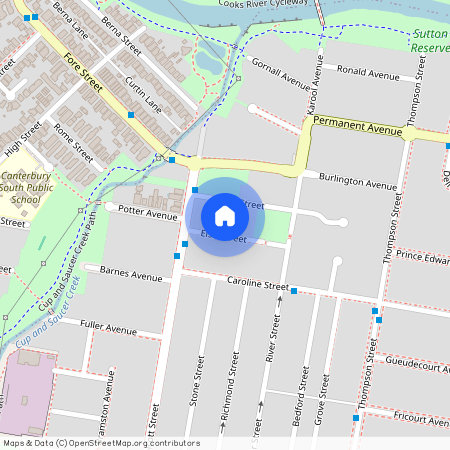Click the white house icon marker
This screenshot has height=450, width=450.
point(224,216)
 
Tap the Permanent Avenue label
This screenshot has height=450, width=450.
point(356,122)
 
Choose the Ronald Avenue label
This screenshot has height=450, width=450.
point(368,71)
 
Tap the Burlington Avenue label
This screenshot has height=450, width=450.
point(358,181)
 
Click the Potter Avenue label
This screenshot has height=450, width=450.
point(147,213)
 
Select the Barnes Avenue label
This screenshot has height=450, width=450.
point(131,275)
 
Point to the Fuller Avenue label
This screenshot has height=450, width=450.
point(108,328)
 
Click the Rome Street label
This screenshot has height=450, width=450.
point(73,142)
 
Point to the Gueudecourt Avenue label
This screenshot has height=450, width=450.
point(416,367)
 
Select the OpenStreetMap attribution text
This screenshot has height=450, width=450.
point(101,443)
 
